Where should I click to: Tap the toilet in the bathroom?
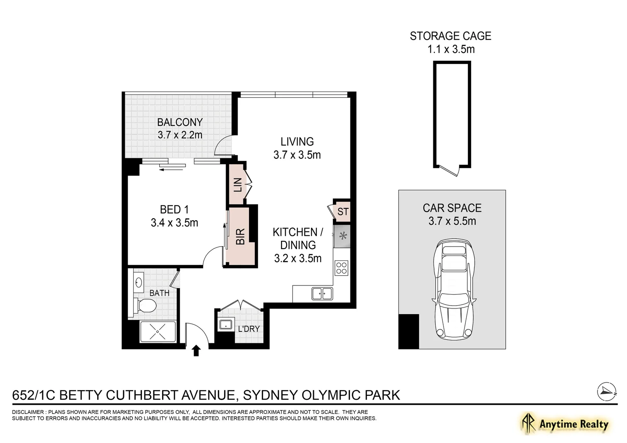coord(145,306)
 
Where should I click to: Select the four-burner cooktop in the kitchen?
coord(341,268)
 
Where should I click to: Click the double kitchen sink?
coord(322,294)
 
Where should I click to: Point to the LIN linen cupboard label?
coord(238,185)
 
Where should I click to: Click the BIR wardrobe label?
coord(240,237)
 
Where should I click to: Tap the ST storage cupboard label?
coord(343,212)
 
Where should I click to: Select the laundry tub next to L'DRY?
coord(226,324)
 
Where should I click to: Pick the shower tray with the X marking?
coord(158,332)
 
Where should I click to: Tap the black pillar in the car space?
coord(409,331)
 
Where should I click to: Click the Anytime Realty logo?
coord(565,425)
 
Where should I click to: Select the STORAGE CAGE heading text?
coord(451,36)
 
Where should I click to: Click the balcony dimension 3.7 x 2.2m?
coord(180,135)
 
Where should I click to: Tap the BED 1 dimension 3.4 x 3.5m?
coord(174,223)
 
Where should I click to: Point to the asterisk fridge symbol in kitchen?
coord(343,237)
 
